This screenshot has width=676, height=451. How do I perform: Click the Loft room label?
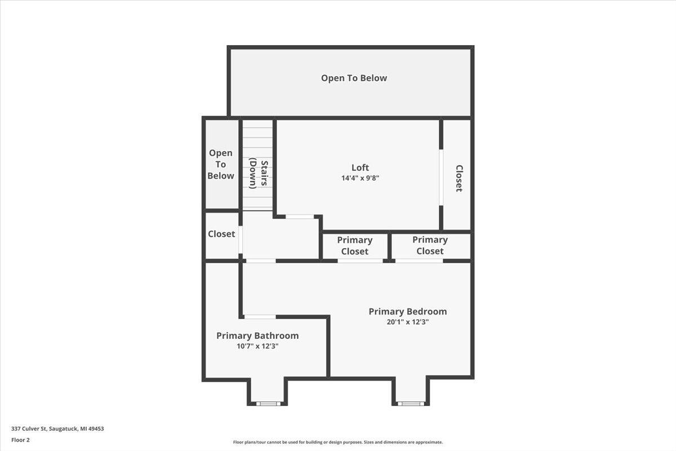(x=360, y=167)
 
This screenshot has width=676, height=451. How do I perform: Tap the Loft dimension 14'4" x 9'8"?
(x=360, y=178)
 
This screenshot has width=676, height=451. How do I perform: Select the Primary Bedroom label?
(x=407, y=312)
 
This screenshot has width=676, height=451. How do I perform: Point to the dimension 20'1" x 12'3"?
(x=407, y=322)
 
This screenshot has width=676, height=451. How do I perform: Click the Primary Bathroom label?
(x=257, y=336)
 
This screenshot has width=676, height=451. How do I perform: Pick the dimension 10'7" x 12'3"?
(x=257, y=347)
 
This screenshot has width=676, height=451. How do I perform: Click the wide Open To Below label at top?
(x=354, y=78)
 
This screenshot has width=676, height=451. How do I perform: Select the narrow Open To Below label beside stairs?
(x=220, y=165)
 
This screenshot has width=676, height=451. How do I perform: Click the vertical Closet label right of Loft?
(x=459, y=178)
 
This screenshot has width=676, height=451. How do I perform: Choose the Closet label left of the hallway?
(x=221, y=234)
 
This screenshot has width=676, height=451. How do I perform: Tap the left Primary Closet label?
(x=354, y=246)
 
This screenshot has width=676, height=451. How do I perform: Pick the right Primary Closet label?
(x=430, y=245)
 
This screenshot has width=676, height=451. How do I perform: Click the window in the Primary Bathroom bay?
(x=268, y=404)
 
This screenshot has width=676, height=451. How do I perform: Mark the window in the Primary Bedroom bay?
(x=411, y=404)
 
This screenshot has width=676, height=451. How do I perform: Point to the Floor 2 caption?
(x=20, y=440)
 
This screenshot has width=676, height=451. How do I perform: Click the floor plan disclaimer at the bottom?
(x=337, y=443)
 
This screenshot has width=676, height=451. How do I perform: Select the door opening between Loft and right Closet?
(x=441, y=178)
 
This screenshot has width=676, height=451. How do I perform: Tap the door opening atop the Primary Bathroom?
(x=260, y=317)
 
